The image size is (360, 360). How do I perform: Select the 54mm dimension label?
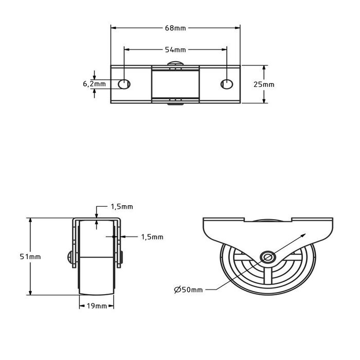[175, 50]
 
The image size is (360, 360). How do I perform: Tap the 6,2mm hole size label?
[94, 84]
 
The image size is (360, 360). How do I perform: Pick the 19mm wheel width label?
[97, 306]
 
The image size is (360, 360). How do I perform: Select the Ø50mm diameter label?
[189, 290]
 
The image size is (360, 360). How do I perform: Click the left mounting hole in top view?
[124, 84]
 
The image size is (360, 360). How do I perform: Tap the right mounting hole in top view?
[227, 84]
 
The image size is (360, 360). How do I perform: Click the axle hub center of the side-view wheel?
[266, 257]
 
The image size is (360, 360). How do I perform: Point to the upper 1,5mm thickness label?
[122, 207]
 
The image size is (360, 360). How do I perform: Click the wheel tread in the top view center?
[175, 84]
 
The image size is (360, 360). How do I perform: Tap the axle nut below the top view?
[175, 104]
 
